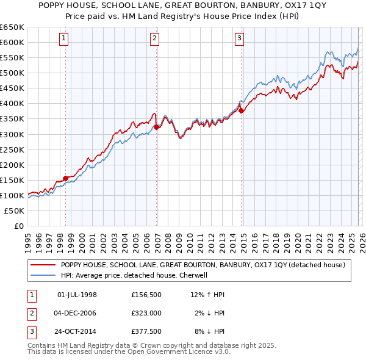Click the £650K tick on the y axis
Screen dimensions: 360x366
[x=12, y=27]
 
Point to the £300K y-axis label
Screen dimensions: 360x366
[x=12, y=134]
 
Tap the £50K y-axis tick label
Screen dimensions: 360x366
[x=15, y=211]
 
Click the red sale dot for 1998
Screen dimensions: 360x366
[x=65, y=178]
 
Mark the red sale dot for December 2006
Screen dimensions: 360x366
[x=156, y=127]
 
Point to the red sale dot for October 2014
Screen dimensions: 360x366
[x=241, y=110]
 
